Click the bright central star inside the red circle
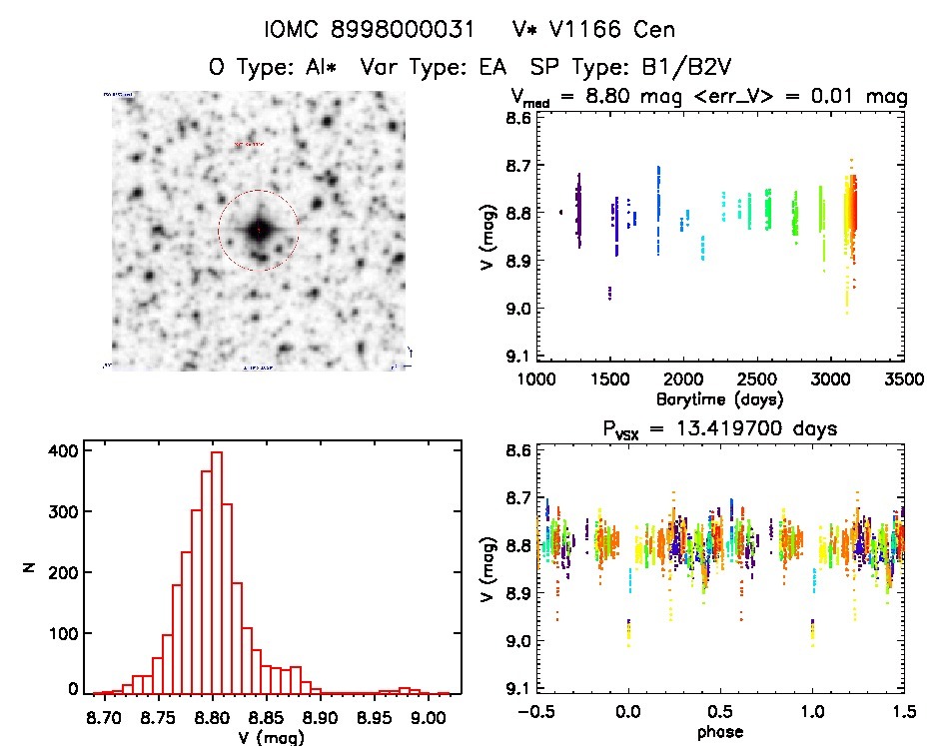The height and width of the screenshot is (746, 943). [259, 231]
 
